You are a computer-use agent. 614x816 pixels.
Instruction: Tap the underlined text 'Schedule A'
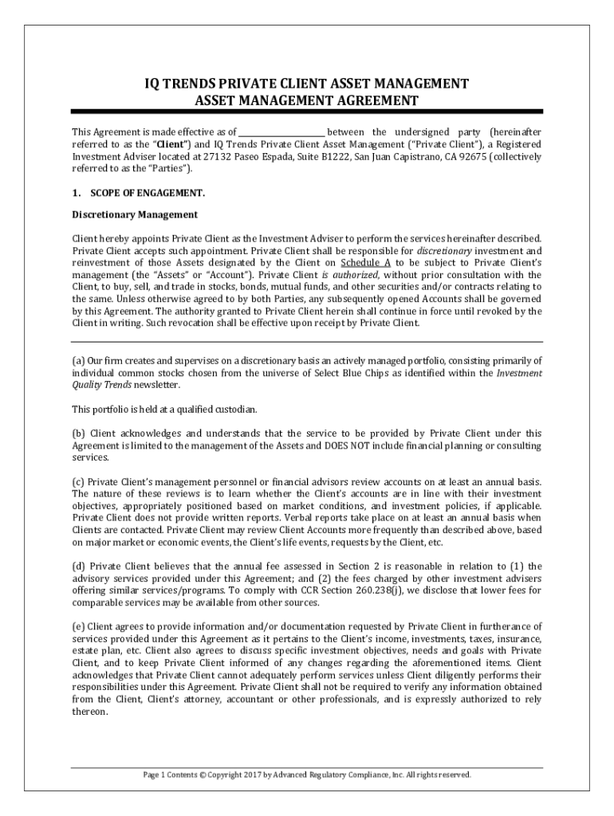click(x=365, y=262)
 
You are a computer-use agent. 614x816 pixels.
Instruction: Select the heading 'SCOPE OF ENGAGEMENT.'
click(x=148, y=193)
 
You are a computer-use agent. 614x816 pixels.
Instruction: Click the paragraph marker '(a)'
click(x=78, y=360)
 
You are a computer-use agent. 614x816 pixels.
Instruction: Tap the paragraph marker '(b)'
click(x=78, y=433)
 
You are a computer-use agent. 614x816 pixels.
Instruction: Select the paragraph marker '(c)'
click(x=78, y=482)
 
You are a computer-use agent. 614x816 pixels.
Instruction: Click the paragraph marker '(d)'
click(x=78, y=567)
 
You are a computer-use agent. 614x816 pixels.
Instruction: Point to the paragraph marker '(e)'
click(x=78, y=627)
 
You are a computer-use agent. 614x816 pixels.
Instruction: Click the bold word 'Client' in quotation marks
click(x=172, y=144)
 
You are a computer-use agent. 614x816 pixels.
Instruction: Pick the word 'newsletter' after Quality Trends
click(x=152, y=385)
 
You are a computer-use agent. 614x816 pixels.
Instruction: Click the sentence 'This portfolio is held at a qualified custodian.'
click(x=165, y=409)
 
